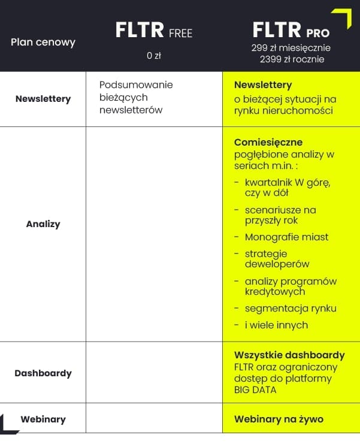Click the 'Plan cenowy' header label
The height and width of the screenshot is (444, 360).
click(43, 43)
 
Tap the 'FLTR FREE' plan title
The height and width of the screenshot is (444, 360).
click(154, 31)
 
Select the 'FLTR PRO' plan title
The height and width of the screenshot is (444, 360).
click(291, 30)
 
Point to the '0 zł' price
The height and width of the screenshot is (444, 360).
click(154, 56)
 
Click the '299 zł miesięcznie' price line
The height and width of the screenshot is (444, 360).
click(291, 48)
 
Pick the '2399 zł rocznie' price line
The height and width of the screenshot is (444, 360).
click(292, 59)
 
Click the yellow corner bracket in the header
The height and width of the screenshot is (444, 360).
click(343, 17)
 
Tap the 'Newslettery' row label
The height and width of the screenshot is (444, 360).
click(43, 99)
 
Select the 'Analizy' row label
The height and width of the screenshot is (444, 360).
click(43, 224)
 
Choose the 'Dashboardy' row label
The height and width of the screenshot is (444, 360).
click(43, 373)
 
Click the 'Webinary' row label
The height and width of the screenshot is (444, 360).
click(43, 419)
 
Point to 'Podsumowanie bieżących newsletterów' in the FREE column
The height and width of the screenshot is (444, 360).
click(136, 97)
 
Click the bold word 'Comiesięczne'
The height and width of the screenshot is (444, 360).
click(268, 143)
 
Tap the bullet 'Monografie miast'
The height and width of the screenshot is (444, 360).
click(286, 237)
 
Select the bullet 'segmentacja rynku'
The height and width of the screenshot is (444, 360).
click(291, 309)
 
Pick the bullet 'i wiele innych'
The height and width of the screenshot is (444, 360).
click(276, 325)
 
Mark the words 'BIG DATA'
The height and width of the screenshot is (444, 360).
click(255, 390)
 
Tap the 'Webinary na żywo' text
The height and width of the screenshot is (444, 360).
click(279, 419)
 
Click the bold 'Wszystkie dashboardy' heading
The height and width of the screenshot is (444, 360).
click(289, 355)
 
